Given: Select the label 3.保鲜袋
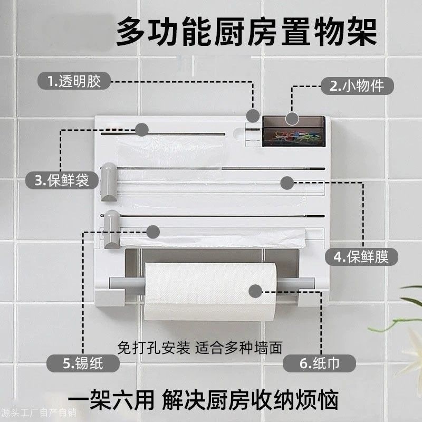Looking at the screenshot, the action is coord(63,180).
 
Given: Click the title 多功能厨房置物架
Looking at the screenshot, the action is coord(246,33).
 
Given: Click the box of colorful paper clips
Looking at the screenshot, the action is coord(293,132).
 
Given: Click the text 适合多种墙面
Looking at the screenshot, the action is coord(239,348).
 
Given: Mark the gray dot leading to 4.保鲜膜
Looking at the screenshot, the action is coord(286,183).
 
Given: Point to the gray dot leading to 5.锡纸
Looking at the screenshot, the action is coord(153,232).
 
